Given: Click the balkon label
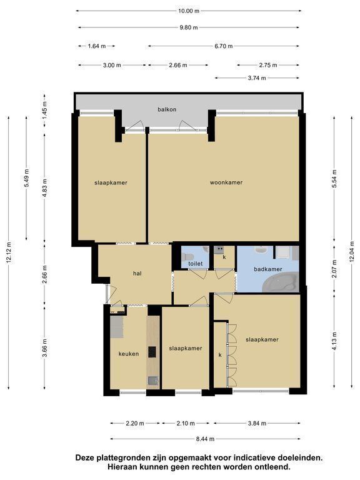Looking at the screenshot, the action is (x=167, y=109).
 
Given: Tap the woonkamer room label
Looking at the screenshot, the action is (x=226, y=182).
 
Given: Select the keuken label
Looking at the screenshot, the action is (x=129, y=354).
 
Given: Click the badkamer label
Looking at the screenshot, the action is (x=268, y=269).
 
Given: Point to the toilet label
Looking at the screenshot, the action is (x=195, y=264).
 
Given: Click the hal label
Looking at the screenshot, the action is (x=137, y=273).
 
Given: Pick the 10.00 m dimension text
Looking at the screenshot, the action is (x=189, y=11).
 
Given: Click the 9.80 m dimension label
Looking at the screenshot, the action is (x=189, y=27).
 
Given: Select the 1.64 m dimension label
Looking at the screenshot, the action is (x=97, y=46).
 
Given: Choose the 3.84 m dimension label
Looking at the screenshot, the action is (x=257, y=423).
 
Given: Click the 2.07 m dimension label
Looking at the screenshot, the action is (x=334, y=269).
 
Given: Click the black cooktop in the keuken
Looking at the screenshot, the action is (x=152, y=352).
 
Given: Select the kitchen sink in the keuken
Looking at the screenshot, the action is (x=152, y=381).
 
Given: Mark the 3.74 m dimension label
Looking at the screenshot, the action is (x=257, y=78).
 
